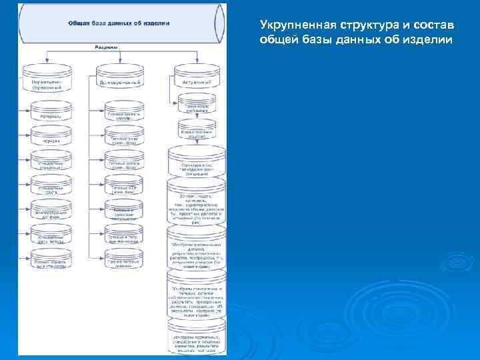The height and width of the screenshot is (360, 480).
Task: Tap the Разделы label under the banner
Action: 106,48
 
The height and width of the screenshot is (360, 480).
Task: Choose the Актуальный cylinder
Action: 197,79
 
